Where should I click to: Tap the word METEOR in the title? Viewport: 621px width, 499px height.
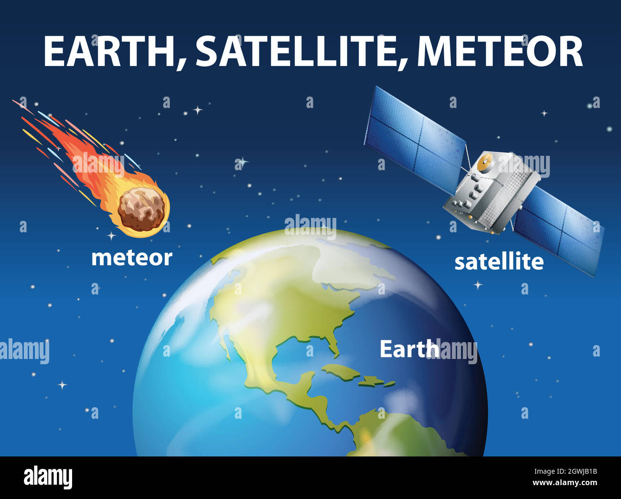coord(500,52)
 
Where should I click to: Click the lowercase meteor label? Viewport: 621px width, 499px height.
coord(132,258)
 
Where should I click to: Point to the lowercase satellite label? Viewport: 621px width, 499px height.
coord(499,262)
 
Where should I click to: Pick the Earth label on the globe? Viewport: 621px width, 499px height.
coord(409,349)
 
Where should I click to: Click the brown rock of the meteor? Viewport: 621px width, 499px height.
coord(141,209)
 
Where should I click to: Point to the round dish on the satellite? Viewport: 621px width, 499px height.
coord(485,163)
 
